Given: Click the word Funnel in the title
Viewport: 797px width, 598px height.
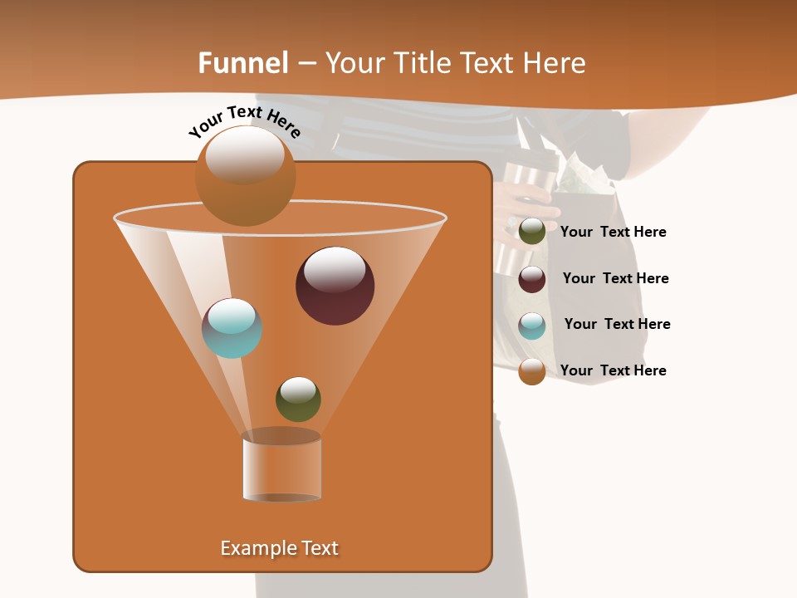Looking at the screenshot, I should [x=242, y=63].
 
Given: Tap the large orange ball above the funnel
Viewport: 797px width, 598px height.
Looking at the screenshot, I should [x=245, y=175].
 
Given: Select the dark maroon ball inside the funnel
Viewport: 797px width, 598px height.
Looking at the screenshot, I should [x=335, y=286].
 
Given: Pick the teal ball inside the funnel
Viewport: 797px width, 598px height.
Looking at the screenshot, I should [x=232, y=328].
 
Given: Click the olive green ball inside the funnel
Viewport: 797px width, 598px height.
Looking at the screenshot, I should [x=298, y=399].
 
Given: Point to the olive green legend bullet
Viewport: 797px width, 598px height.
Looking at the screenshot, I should [x=532, y=231].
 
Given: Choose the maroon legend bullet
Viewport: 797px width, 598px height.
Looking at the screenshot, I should [x=532, y=279].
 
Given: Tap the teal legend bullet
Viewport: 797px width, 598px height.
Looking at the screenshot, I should [x=532, y=326].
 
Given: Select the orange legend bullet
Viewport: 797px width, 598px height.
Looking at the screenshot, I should [x=532, y=371].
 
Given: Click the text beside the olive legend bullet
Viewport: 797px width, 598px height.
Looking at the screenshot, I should [x=613, y=232].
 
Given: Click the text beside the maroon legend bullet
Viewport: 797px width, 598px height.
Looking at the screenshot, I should [x=615, y=278].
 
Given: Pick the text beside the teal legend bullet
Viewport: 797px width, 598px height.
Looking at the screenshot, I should [x=617, y=324].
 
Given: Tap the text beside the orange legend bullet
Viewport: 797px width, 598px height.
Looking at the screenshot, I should [x=613, y=370].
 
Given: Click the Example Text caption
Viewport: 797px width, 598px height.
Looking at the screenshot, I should [x=279, y=548].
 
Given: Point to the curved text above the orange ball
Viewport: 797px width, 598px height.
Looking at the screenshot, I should [x=244, y=121].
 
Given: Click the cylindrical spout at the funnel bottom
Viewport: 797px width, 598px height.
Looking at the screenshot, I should [x=281, y=468].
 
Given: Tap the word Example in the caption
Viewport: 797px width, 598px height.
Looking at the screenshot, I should [x=253, y=548].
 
